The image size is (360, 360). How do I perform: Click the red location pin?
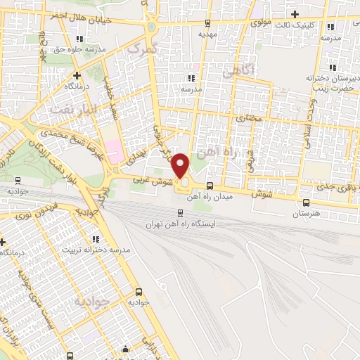(181, 165)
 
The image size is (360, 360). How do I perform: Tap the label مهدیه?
(205, 33)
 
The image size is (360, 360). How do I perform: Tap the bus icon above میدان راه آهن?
(210, 186)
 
